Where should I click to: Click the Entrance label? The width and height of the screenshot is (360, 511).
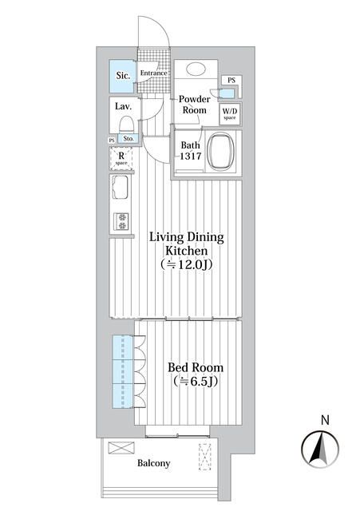tap(153, 73)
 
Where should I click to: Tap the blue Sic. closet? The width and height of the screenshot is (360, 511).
tap(122, 77)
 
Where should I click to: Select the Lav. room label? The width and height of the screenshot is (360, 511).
tap(123, 106)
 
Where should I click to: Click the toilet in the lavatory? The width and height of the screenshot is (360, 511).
tap(125, 125)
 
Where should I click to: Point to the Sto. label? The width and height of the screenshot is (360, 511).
tap(129, 139)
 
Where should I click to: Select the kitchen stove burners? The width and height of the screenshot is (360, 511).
tap(123, 220)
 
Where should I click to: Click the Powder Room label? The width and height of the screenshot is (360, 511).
tap(194, 105)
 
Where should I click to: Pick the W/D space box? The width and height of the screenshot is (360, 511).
tap(230, 113)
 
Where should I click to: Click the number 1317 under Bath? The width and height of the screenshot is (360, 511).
tap(190, 157)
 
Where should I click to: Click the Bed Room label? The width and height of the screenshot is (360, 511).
tap(195, 368)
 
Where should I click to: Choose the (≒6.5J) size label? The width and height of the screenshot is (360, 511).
tap(195, 382)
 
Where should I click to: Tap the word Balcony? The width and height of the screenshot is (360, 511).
tap(153, 463)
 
